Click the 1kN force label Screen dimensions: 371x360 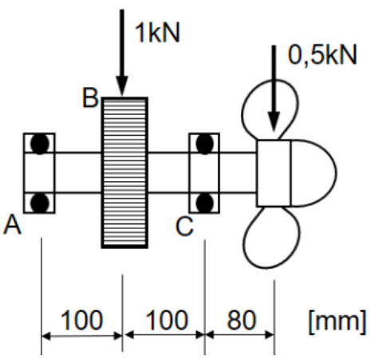click(x=157, y=33)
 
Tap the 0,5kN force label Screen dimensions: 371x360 click(x=322, y=55)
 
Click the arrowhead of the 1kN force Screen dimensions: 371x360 click(x=122, y=85)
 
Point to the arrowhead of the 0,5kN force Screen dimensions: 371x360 click(x=274, y=121)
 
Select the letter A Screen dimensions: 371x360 click(x=12, y=225)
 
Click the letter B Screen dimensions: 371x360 click(x=90, y=97)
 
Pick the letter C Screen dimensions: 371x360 click(x=184, y=227)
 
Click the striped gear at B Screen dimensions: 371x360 click(x=124, y=172)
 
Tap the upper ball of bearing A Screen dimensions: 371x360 click(x=40, y=144)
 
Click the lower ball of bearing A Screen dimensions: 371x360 click(x=40, y=203)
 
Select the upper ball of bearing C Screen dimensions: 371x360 click(x=204, y=144)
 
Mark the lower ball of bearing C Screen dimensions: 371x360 click(x=204, y=203)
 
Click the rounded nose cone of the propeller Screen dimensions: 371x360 click(x=314, y=173)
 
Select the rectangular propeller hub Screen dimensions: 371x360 click(x=274, y=173)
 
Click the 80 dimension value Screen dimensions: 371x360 click(x=242, y=319)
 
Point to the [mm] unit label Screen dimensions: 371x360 click(x=337, y=321)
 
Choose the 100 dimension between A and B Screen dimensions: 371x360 click(x=81, y=320)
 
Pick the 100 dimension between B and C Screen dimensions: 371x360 click(x=167, y=320)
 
